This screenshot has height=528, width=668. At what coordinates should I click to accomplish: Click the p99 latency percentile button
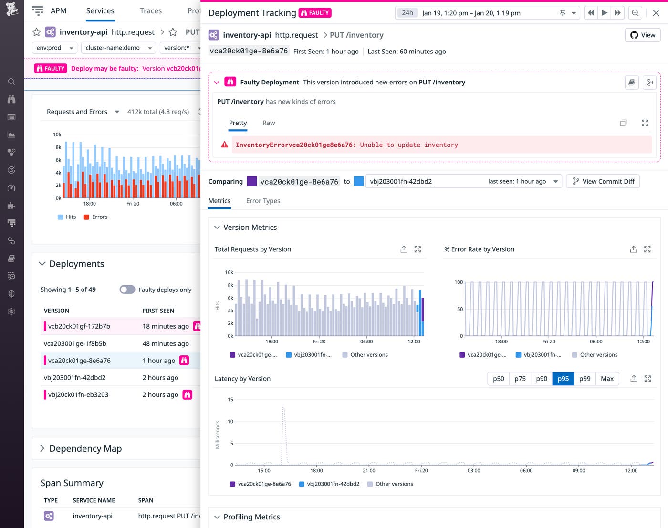click(584, 379)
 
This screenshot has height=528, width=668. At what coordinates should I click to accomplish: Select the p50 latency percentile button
click(498, 379)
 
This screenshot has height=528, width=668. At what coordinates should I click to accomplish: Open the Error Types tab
click(263, 201)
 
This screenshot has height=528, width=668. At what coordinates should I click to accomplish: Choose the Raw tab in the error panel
click(269, 123)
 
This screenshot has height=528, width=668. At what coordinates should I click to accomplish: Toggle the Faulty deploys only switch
click(127, 290)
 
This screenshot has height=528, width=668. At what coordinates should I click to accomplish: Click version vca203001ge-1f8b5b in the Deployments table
click(75, 343)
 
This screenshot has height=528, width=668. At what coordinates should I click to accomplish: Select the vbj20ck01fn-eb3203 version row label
click(78, 394)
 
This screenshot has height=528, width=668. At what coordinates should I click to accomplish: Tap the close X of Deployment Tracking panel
click(656, 13)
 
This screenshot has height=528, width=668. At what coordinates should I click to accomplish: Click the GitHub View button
click(642, 35)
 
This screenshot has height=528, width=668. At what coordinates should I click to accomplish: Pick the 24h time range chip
click(407, 13)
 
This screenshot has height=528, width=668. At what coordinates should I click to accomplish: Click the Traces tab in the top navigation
click(151, 11)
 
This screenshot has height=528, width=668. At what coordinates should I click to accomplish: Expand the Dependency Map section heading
click(85, 448)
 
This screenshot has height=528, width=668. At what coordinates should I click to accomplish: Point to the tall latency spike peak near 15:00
click(283, 408)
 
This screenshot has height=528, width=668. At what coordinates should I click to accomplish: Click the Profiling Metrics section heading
click(251, 517)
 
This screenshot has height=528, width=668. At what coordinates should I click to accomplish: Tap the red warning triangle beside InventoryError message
click(225, 145)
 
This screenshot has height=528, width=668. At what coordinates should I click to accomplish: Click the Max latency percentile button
click(607, 379)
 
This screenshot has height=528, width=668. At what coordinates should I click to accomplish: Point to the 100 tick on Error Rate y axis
click(459, 282)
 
